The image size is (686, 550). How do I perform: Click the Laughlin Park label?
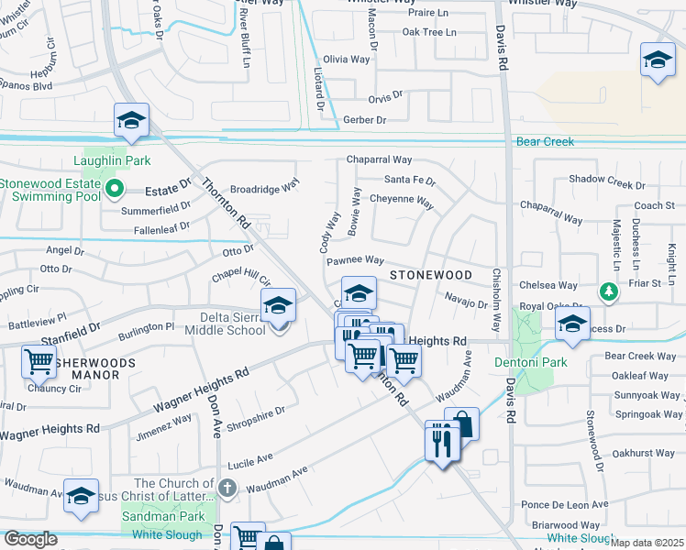118,160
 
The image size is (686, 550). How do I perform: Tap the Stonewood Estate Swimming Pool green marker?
115,190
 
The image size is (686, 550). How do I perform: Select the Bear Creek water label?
545,142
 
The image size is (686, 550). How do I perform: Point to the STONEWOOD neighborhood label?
430,275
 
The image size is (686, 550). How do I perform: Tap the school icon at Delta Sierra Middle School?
278,307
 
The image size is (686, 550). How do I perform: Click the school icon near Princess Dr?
572,324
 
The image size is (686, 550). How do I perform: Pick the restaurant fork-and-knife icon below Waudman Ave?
442,442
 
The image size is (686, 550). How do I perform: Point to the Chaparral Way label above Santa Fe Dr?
379,159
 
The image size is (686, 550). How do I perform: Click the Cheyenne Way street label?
401,200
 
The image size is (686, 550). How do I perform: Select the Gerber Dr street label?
364,120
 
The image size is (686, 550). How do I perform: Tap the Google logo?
30,539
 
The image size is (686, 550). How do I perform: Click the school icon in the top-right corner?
657,60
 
